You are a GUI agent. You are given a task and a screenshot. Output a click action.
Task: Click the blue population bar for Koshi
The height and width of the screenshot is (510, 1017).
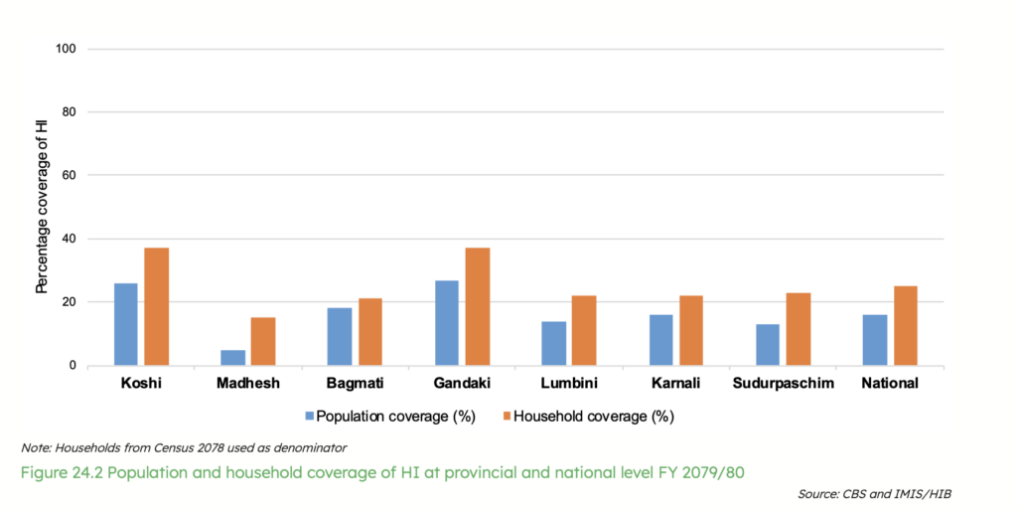pyautogui.click(x=126, y=324)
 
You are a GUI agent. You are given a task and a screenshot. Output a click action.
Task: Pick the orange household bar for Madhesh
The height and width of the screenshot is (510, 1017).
pyautogui.click(x=263, y=341)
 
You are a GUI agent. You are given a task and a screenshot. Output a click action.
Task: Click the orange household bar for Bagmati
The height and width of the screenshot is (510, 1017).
pyautogui.click(x=369, y=332)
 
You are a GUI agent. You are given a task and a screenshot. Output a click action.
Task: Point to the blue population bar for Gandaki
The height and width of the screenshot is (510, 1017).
pyautogui.click(x=447, y=323)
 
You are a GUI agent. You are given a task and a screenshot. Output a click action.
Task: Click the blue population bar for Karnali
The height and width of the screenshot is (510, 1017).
pyautogui.click(x=660, y=340)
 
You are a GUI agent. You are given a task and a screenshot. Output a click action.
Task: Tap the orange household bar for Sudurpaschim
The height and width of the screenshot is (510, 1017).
pyautogui.click(x=798, y=329)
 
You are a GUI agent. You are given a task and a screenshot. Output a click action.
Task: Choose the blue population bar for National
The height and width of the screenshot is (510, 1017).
pyautogui.click(x=875, y=340)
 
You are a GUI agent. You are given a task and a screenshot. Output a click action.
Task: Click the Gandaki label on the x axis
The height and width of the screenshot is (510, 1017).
pyautogui.click(x=462, y=383)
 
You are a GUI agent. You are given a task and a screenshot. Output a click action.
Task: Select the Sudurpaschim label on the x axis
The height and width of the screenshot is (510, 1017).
pyautogui.click(x=783, y=383)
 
